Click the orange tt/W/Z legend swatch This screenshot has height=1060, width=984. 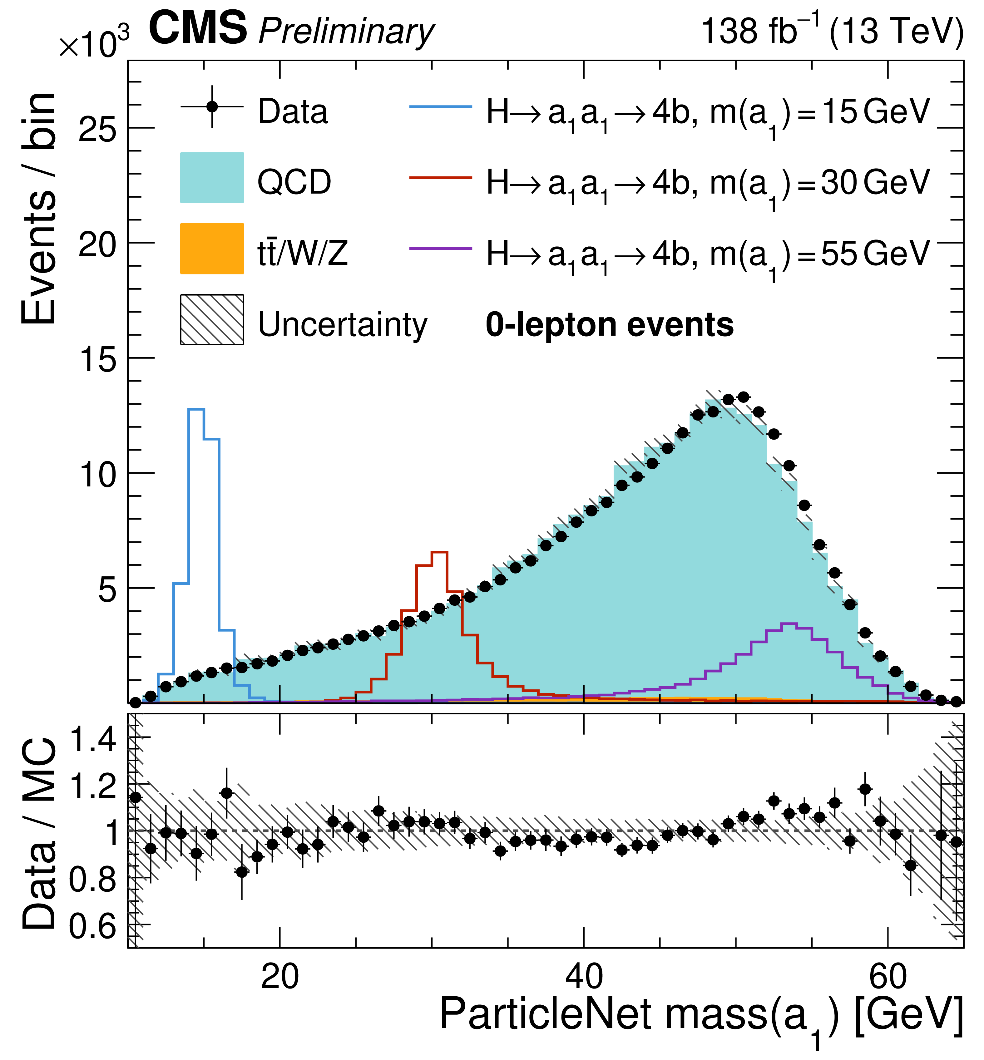tap(212, 249)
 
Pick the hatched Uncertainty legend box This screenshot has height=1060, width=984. tap(212, 319)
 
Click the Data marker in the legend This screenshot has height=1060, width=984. tap(212, 106)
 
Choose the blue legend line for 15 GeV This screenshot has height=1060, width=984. tap(440, 106)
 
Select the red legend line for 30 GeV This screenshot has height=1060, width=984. tap(440, 177)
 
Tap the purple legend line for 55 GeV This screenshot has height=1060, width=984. tap(440, 249)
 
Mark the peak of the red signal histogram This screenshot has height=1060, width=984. tap(440, 552)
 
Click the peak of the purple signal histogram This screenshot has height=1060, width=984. tap(789, 624)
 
